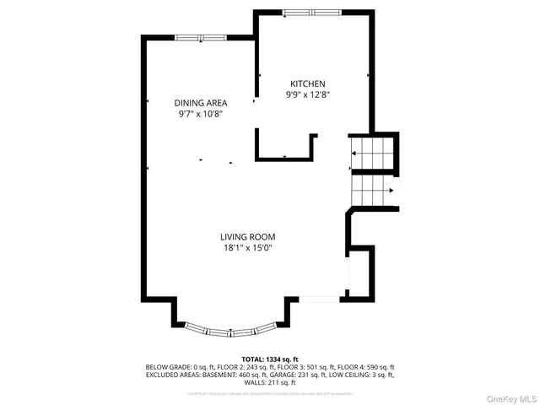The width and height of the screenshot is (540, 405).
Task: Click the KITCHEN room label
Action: click(308, 84)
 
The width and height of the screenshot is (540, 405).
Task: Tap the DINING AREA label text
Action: click(201, 102)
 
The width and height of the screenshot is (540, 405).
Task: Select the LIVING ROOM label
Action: click(249, 237)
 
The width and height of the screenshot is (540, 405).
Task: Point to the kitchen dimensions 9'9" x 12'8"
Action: click(308, 95)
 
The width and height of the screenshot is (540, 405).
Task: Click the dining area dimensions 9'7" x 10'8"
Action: click(201, 114)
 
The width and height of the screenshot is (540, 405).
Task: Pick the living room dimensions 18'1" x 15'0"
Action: click(249, 249)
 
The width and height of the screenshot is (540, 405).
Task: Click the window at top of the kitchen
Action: click(307, 12)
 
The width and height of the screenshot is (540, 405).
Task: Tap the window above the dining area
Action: click(201, 37)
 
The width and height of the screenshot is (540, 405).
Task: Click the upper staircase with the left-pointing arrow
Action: click(371, 153)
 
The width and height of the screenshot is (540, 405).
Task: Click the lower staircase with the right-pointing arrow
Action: click(371, 190)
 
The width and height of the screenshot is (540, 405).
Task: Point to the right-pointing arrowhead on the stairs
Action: click(391, 191)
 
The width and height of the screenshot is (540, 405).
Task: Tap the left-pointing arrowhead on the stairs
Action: click(353, 154)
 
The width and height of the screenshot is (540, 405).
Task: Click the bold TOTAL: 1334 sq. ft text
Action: click(270, 359)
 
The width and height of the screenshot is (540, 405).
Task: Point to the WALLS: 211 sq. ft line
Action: click(270, 384)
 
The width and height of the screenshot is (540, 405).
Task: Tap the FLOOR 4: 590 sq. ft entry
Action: click(365, 367)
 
